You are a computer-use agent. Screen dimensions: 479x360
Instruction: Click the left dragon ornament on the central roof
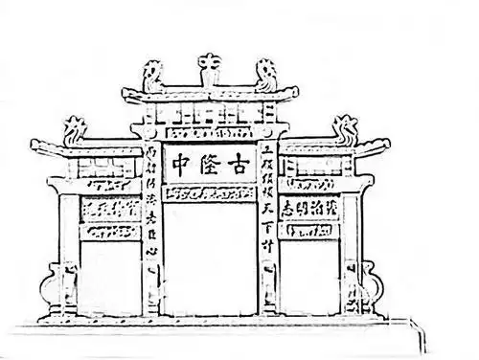[x=152, y=76]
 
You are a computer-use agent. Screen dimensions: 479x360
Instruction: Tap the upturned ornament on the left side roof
[x=73, y=129]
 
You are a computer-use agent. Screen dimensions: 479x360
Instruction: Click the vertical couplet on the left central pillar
[x=150, y=201]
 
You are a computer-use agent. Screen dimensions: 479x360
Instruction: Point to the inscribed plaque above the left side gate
[x=112, y=207]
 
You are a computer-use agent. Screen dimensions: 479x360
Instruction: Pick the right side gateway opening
[x=308, y=278]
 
